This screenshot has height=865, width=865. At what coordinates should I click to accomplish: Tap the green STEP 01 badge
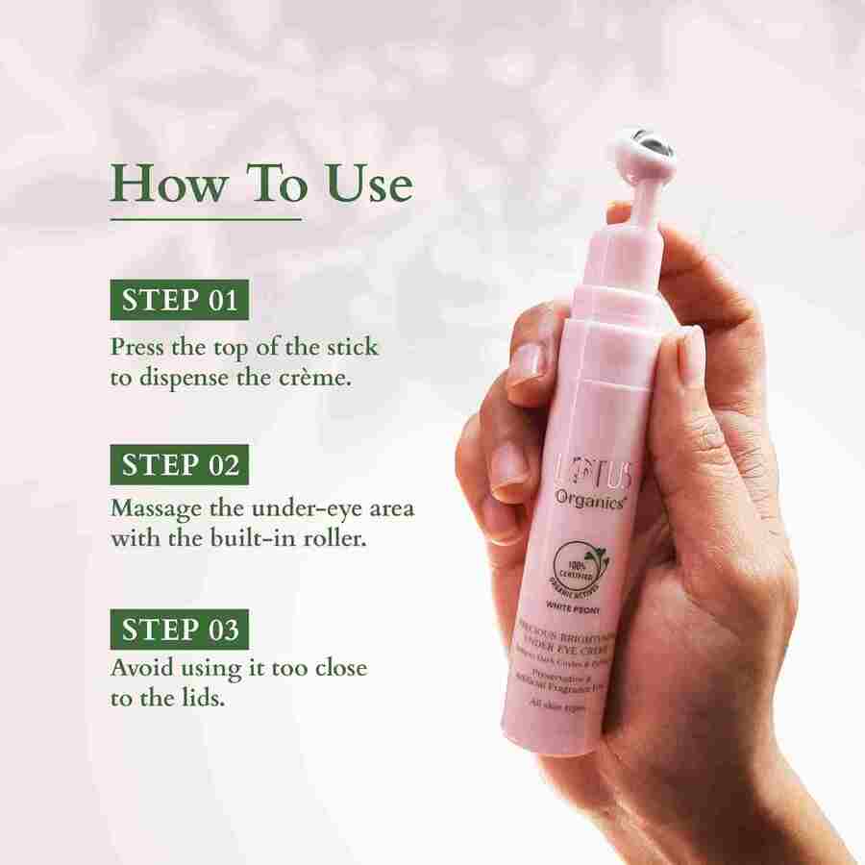180,300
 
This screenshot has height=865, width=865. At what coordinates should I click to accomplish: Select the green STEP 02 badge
180,465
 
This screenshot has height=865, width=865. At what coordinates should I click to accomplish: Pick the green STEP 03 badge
180,630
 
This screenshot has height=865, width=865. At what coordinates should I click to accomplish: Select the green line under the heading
207,220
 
